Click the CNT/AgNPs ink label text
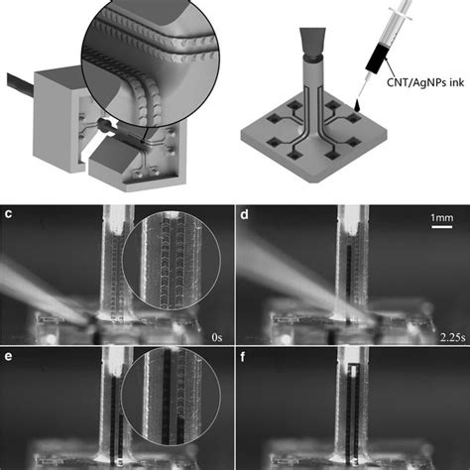tap(425, 82)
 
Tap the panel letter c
tap(8, 214)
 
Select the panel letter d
tap(245, 214)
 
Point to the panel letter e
tap(8, 356)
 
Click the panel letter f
tap(243, 357)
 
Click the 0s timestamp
tap(217, 337)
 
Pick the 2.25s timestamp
tap(452, 337)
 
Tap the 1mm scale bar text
tap(442, 218)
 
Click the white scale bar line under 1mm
tap(442, 227)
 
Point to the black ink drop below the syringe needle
tap(358, 105)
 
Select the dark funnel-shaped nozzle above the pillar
tap(312, 42)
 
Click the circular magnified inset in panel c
tap(172, 261)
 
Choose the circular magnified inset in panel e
tap(172, 397)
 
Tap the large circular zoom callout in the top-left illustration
tap(150, 62)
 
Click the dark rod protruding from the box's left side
tap(21, 83)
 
